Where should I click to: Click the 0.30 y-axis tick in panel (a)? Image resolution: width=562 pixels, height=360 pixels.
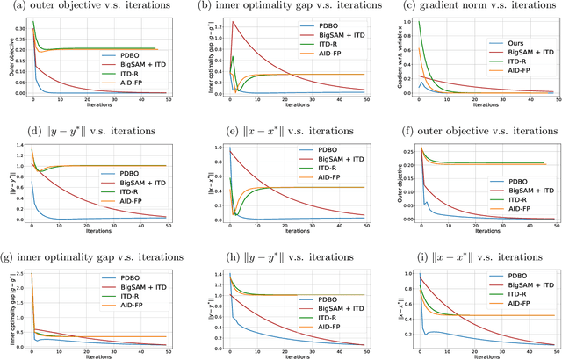17,27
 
